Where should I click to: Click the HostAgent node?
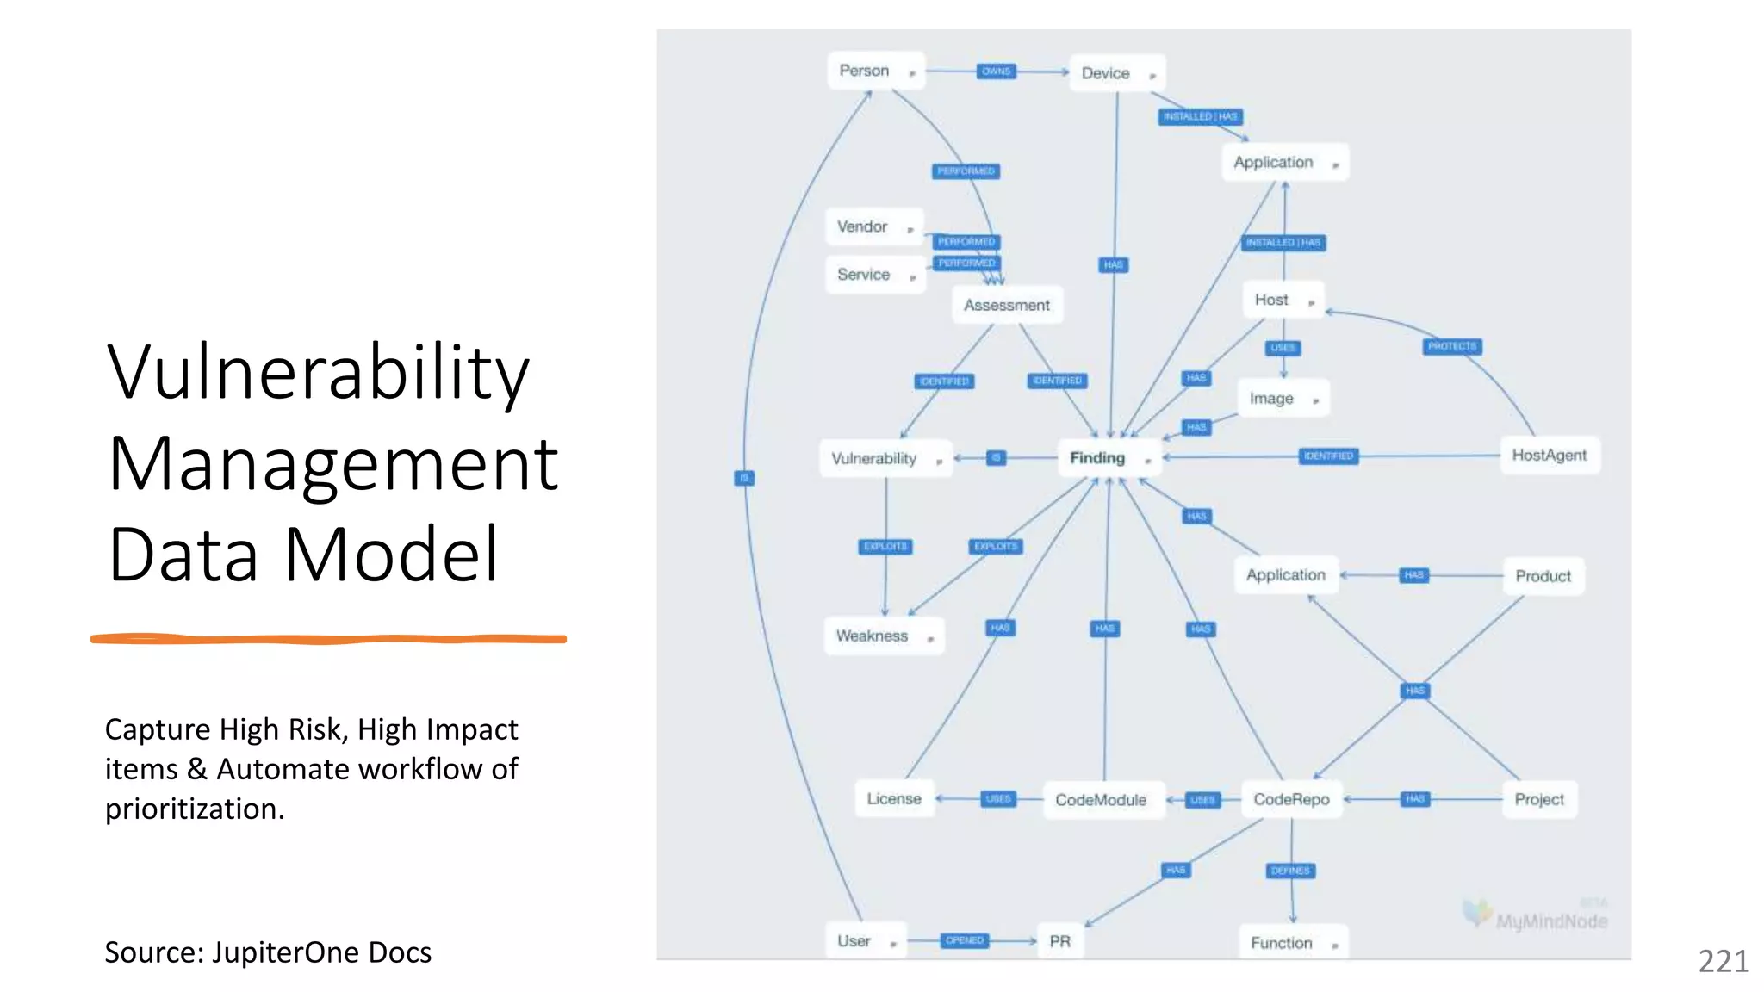pyautogui.click(x=1549, y=456)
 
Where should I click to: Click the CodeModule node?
pyautogui.click(x=1101, y=800)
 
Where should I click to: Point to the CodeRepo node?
pyautogui.click(x=1291, y=800)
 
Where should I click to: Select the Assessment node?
pyautogui.click(x=1006, y=305)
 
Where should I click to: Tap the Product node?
pyautogui.click(x=1543, y=576)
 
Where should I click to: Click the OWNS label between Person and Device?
pyautogui.click(x=996, y=71)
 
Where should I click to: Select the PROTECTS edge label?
pyautogui.click(x=1452, y=346)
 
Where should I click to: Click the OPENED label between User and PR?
pyautogui.click(x=964, y=940)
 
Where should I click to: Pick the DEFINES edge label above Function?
pyautogui.click(x=1290, y=871)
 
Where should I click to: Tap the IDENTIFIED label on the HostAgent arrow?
pyautogui.click(x=1328, y=456)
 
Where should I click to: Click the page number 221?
pyautogui.click(x=1723, y=961)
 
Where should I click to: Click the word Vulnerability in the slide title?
pyautogui.click(x=318, y=372)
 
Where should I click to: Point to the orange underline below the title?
pyautogui.click(x=328, y=639)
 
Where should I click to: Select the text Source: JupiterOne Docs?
pyautogui.click(x=268, y=952)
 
